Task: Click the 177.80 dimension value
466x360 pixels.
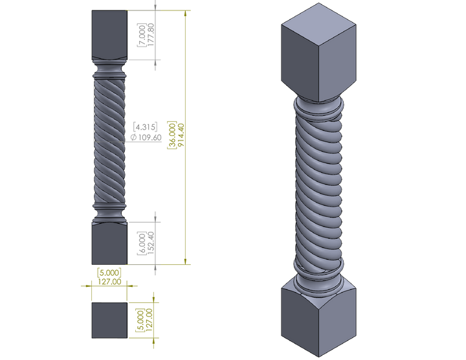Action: pos(151,34)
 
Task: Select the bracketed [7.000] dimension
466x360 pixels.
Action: pos(142,35)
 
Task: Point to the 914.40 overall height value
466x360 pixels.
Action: pos(181,135)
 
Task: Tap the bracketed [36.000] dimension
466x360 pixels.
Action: pos(172,135)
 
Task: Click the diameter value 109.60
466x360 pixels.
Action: pos(150,137)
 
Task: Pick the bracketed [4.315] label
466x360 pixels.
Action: pos(145,127)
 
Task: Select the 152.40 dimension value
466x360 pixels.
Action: pos(151,243)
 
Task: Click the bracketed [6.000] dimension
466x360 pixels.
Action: pos(142,243)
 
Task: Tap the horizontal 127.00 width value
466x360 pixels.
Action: pos(109,282)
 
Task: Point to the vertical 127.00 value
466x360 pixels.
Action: pos(150,320)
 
